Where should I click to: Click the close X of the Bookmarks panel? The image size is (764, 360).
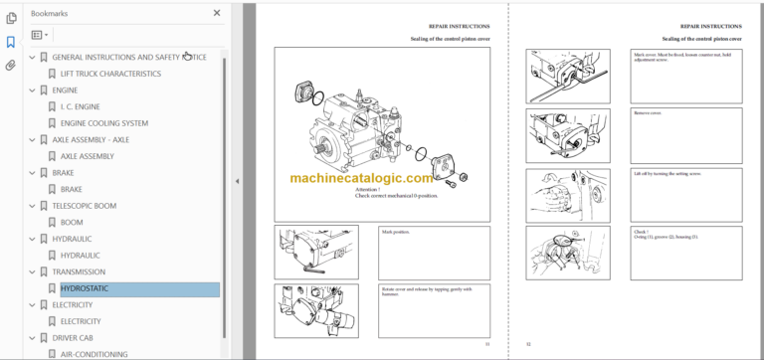[x=217, y=13]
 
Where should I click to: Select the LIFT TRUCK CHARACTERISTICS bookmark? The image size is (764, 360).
[x=110, y=74]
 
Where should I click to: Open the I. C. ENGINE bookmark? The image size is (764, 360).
[x=81, y=106]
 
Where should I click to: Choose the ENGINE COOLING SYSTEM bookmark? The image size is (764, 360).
[x=104, y=123]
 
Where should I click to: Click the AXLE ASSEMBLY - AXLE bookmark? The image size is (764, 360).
[x=91, y=139]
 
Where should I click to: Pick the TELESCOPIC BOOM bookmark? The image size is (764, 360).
[x=85, y=206]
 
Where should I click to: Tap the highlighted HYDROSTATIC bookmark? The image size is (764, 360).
[x=85, y=288]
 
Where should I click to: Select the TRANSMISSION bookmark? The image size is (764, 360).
[x=79, y=271]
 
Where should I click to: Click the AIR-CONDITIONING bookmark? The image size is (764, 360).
[x=94, y=354]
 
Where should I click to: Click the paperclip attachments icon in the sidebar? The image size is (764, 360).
[x=11, y=66]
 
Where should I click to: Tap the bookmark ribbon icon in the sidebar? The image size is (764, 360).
[x=11, y=42]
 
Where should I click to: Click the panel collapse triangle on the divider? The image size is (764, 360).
[x=237, y=181]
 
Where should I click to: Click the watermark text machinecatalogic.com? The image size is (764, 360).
[x=362, y=179]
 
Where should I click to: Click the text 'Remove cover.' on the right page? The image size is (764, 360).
[x=647, y=112]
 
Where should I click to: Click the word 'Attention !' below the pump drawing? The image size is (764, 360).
[x=367, y=190]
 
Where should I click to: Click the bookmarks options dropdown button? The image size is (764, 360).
[x=41, y=34]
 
